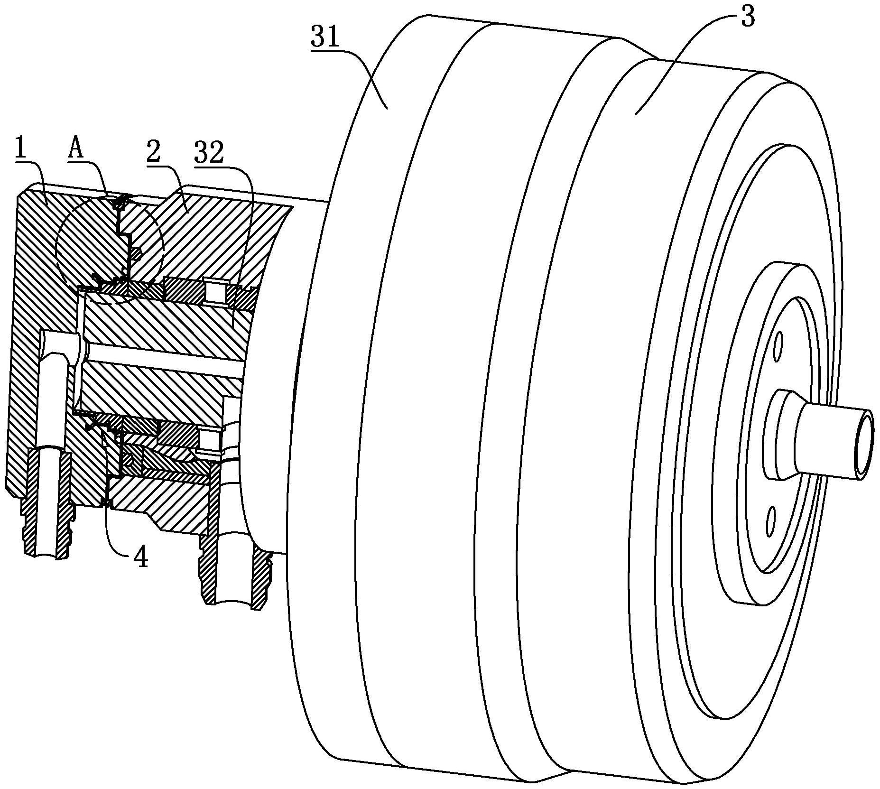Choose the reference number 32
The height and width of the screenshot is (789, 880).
pyautogui.click(x=209, y=153)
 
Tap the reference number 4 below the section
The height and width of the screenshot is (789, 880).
pyautogui.click(x=140, y=558)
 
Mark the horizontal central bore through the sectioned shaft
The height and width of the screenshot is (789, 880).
pyautogui.click(x=161, y=366)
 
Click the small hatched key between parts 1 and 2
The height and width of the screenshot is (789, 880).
pyautogui.click(x=136, y=254)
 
